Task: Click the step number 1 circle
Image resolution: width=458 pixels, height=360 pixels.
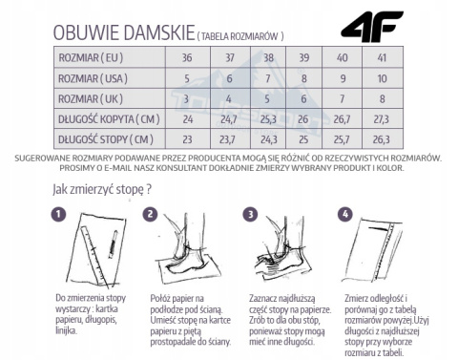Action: pos(59,215)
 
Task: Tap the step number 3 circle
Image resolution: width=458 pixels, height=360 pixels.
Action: pos(251,215)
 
